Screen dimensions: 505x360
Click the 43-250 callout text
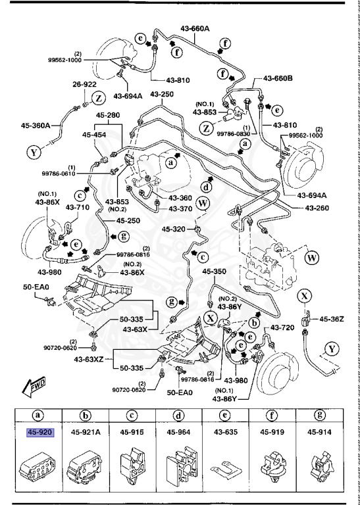click(x=163, y=94)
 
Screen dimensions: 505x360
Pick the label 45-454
click(x=95, y=135)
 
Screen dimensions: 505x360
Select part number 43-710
click(x=76, y=207)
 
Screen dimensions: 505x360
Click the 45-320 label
click(x=175, y=229)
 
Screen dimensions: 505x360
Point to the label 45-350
click(x=214, y=270)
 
